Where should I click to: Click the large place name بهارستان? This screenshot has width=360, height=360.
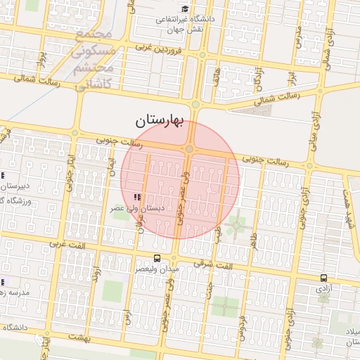pos(159,122)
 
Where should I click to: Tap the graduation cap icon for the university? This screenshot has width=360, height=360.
pos(184,9)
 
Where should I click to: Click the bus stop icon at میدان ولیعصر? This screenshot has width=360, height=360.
pos(156,258)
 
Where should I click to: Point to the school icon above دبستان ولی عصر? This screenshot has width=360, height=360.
pos(136,198)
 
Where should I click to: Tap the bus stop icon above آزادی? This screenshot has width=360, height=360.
pos(323,278)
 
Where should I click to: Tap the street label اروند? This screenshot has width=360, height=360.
pos(98,274)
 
